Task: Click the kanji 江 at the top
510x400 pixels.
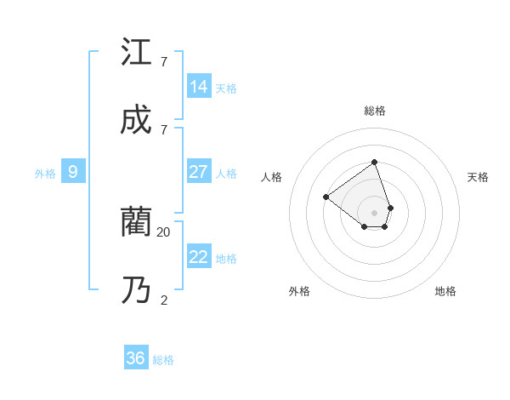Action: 136,52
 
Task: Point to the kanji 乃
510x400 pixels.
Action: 136,290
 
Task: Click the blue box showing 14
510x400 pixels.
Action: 199,87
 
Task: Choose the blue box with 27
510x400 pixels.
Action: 199,172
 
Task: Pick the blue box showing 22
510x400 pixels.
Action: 199,257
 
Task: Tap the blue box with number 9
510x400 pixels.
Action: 73,172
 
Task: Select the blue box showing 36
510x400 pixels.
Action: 136,358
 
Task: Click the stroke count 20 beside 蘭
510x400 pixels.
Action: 163,231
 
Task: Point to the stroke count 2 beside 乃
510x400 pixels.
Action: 163,300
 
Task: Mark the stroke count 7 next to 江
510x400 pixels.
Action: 163,61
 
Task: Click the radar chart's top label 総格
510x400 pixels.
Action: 374,111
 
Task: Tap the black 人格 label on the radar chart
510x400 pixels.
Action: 271,177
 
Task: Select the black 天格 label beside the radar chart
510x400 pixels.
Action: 478,177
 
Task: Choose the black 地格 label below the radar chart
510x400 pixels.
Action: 445,291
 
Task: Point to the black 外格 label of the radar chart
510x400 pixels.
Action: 299,291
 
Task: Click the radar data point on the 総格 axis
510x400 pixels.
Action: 374,162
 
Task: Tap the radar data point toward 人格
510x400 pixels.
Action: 326,197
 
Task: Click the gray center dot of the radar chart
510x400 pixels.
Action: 374,212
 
